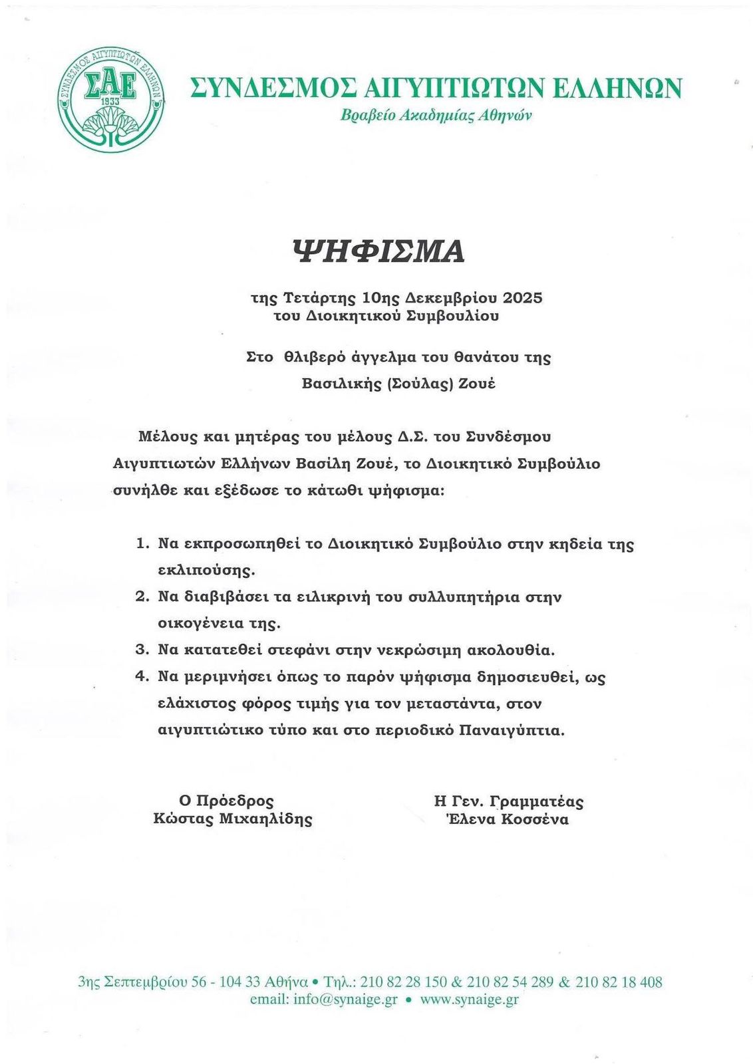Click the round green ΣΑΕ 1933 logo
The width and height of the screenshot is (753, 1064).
pos(110,100)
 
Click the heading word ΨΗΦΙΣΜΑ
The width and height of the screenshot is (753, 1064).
pos(378,251)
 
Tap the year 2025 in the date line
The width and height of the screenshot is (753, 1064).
pos(523,297)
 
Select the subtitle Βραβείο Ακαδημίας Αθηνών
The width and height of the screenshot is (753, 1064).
pos(436,115)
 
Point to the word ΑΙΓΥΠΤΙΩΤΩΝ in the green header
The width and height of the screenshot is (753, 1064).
pos(456,88)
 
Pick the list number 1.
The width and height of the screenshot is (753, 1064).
pos(141,544)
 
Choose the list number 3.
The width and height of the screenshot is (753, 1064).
pos(141,650)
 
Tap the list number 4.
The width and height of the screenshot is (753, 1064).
pos(141,676)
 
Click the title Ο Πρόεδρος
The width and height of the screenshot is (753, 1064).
pos(226,801)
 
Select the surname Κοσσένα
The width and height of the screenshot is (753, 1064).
pos(535,819)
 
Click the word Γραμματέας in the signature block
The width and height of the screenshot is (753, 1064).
pos(540,801)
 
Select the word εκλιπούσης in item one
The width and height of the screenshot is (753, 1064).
pos(207,571)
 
